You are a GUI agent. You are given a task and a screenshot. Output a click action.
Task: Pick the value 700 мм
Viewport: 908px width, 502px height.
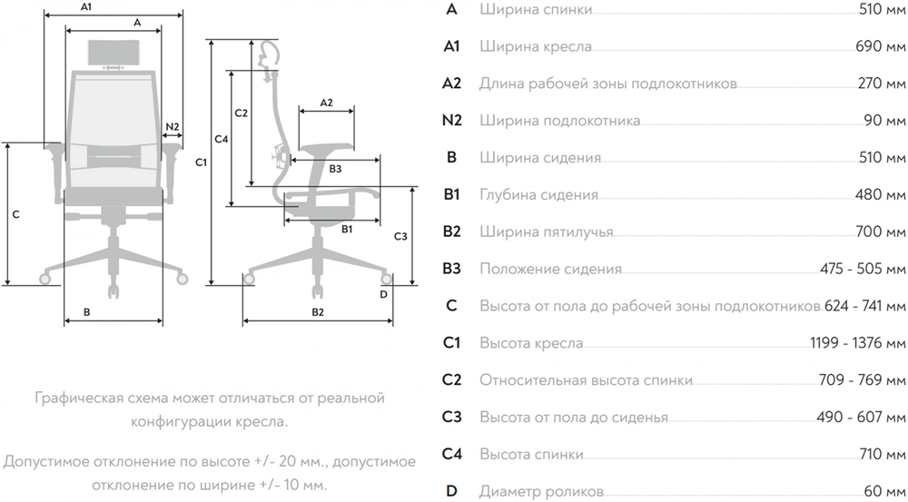click(881, 231)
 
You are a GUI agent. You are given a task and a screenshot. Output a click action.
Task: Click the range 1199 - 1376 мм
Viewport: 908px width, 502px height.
click(857, 343)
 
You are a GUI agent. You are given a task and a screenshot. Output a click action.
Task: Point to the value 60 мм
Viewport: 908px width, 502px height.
click(884, 491)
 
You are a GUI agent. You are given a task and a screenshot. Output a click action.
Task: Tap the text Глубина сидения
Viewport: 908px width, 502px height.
click(538, 194)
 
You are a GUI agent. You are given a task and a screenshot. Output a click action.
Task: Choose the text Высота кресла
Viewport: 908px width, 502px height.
click(531, 343)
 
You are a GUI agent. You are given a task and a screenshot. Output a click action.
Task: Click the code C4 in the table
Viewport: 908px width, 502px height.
click(452, 454)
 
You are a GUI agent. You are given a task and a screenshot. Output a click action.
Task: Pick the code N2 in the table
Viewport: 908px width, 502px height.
click(452, 121)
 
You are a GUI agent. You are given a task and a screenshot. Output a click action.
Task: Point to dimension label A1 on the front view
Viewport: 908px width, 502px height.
click(86, 7)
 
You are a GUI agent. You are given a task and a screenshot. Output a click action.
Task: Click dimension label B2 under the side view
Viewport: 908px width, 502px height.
click(318, 311)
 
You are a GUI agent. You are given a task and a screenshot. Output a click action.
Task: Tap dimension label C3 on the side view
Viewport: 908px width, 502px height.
click(400, 236)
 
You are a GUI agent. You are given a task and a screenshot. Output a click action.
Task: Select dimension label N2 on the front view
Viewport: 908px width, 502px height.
click(173, 125)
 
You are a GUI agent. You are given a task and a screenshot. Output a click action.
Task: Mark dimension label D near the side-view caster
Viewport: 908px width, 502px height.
click(383, 293)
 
